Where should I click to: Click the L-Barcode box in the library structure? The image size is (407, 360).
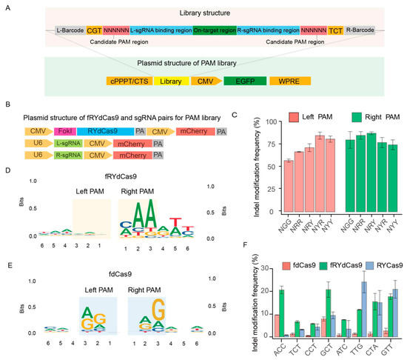(70, 30)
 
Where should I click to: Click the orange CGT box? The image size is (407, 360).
(94, 30)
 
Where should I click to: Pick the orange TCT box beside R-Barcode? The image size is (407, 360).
(334, 30)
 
